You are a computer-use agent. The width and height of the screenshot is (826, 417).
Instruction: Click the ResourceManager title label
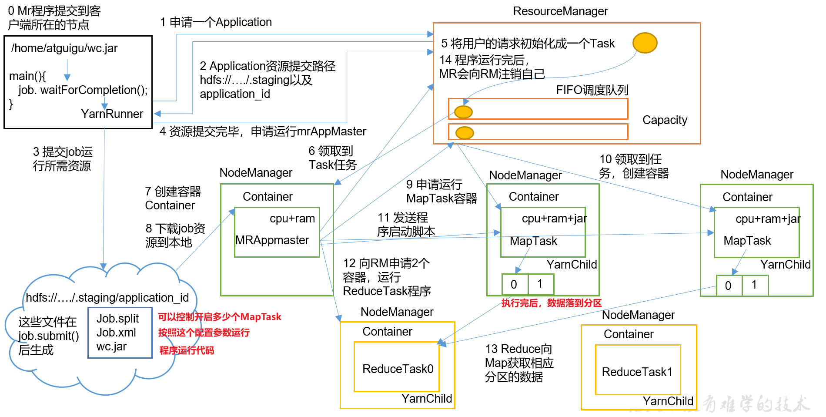click(x=560, y=11)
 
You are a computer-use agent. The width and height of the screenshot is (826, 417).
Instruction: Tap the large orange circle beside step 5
click(x=645, y=43)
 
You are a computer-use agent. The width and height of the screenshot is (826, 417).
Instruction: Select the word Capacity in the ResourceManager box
click(x=665, y=120)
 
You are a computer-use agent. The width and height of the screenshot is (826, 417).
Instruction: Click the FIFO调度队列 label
click(x=592, y=90)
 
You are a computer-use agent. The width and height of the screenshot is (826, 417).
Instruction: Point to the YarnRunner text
click(x=112, y=114)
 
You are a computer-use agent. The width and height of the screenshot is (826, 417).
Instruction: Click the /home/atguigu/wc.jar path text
click(x=64, y=48)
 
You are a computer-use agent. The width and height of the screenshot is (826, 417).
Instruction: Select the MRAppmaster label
click(x=272, y=240)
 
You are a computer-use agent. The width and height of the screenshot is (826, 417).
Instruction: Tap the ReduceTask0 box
click(x=397, y=369)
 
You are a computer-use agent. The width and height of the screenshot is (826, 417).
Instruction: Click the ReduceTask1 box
click(x=637, y=372)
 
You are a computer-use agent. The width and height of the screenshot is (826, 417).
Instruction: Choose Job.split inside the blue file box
click(x=117, y=319)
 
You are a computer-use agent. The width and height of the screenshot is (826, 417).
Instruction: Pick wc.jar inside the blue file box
click(x=111, y=346)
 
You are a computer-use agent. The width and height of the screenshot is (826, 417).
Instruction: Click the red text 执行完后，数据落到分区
click(x=551, y=303)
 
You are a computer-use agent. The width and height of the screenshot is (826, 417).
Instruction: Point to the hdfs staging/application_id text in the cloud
click(x=107, y=298)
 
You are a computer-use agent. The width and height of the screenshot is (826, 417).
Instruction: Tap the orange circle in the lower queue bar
click(x=465, y=133)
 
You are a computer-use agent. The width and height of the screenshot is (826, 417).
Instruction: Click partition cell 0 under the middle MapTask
click(x=514, y=284)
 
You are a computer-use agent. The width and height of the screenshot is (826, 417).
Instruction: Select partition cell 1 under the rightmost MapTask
click(x=754, y=285)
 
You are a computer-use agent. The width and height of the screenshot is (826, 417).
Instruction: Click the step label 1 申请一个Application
click(x=216, y=22)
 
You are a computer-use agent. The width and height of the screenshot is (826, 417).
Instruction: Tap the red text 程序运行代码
click(x=187, y=351)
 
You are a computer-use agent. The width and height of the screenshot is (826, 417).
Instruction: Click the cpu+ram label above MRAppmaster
click(x=292, y=219)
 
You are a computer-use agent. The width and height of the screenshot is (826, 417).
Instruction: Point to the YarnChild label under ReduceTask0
click(x=426, y=399)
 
